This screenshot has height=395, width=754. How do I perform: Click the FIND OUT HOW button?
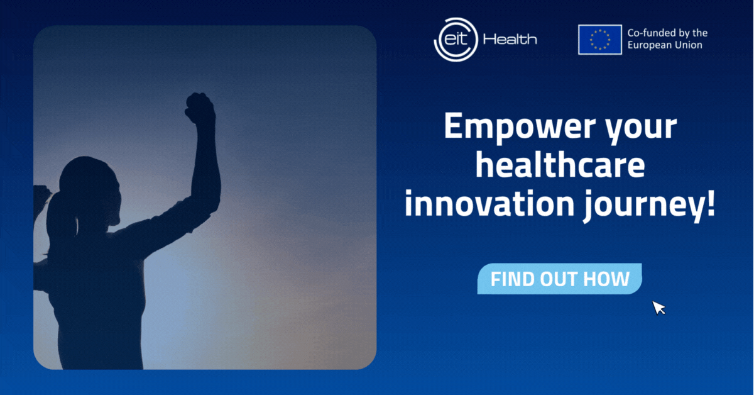click(x=559, y=279)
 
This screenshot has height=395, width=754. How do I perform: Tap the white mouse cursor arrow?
click(x=658, y=308)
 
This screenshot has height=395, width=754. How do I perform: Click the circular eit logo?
click(x=456, y=40)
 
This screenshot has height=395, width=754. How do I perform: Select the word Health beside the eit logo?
click(x=510, y=39)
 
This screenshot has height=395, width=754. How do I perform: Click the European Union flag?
click(x=600, y=40)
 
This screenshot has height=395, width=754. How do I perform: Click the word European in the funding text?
click(x=648, y=45)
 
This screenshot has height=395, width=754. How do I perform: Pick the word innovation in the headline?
click(x=489, y=203)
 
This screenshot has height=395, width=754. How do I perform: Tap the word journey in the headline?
click(x=643, y=206)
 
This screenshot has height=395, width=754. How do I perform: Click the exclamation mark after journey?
click(x=710, y=203)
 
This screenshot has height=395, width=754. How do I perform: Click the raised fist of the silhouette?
click(x=200, y=109)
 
